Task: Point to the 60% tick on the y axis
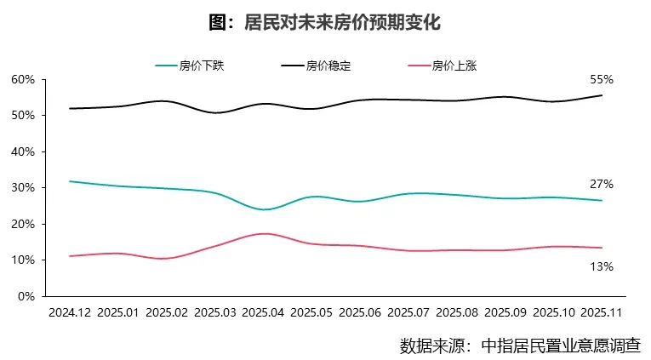tap(23, 79)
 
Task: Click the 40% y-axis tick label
tap(23, 151)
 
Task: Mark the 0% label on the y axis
tap(26, 296)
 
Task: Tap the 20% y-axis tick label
tap(23, 224)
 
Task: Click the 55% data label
tap(602, 79)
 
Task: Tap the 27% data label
tap(602, 185)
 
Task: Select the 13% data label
tap(602, 266)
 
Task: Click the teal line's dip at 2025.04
tap(265, 209)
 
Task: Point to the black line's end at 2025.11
tap(602, 95)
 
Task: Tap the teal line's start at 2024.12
tap(69, 181)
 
